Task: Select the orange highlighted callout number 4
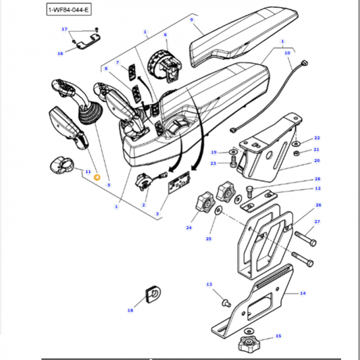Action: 97,177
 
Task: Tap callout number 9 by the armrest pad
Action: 192,20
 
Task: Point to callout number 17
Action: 65,30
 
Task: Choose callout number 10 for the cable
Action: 287,53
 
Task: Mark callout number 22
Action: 317,138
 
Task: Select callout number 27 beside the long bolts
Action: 317,222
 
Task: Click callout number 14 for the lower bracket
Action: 302,293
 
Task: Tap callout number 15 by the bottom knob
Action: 278,336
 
